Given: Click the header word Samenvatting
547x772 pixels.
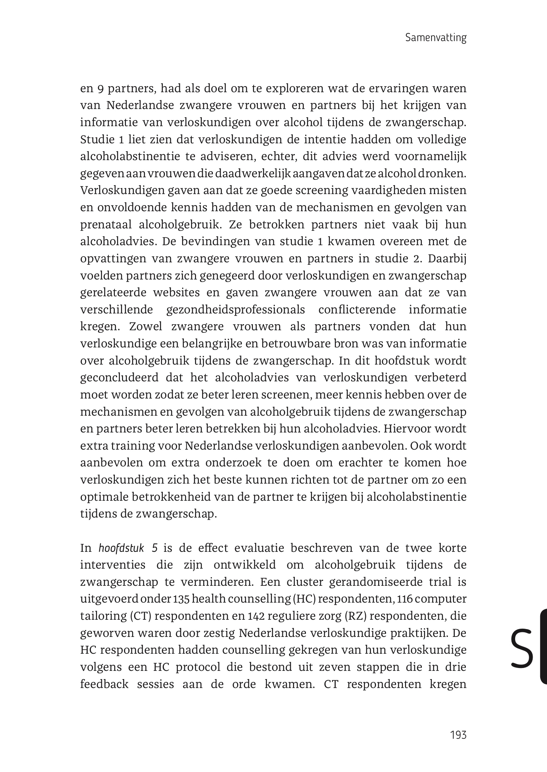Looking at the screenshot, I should [436, 38].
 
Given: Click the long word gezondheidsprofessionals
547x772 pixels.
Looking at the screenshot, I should [235, 310].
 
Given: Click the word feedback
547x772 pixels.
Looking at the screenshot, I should [104, 684].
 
